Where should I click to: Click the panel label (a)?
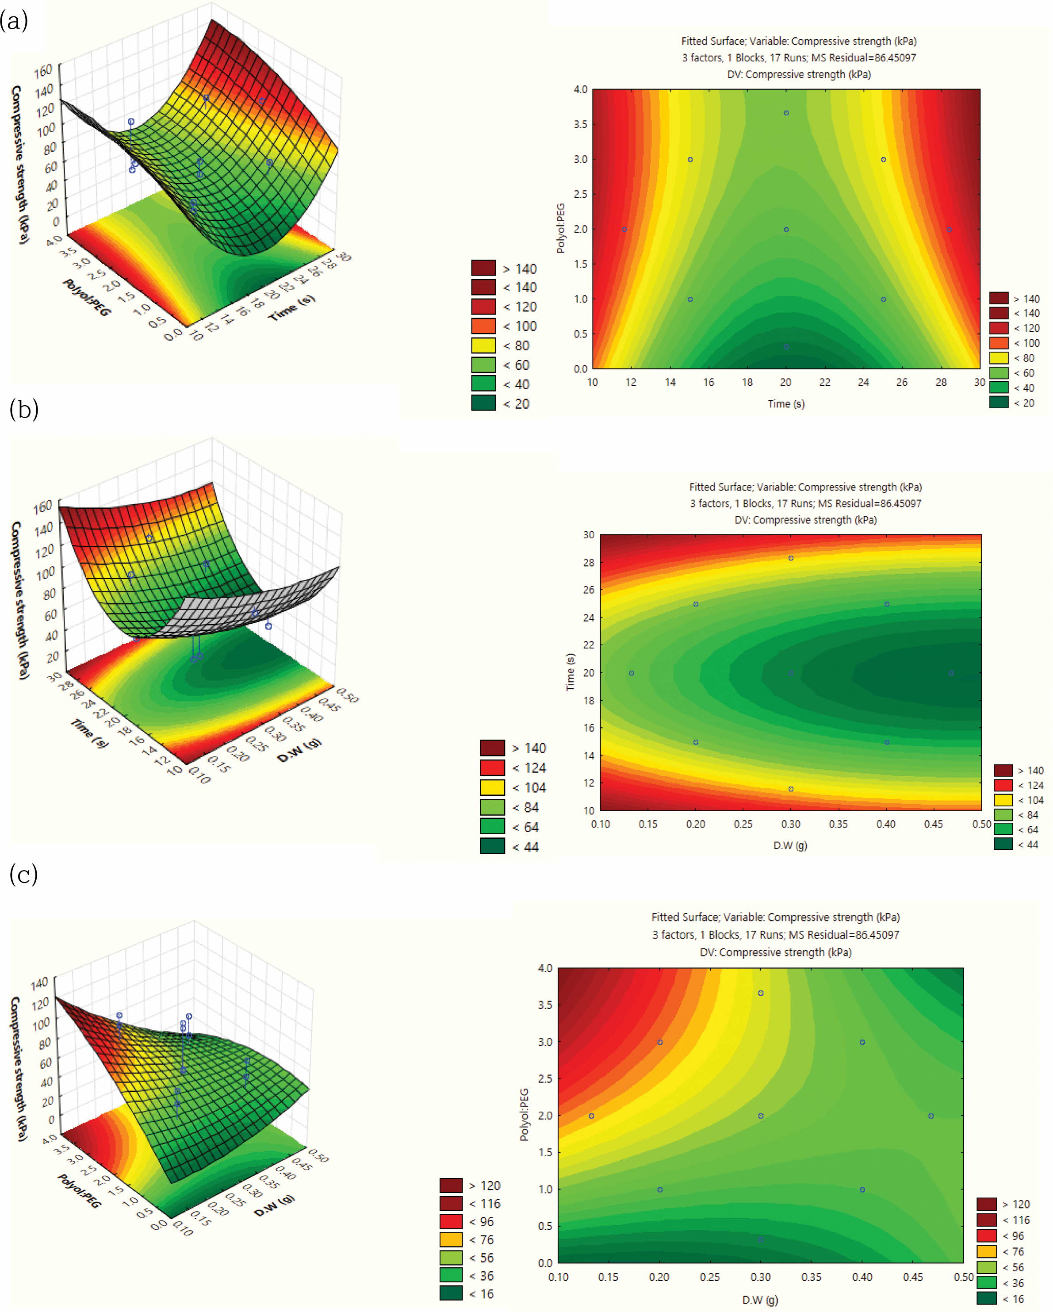(x=14, y=22)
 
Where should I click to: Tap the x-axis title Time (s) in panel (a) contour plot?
(x=785, y=403)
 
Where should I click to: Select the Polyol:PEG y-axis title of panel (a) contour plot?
(x=560, y=229)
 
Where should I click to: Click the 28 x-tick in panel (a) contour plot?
(x=941, y=382)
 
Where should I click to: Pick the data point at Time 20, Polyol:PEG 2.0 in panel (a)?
(x=786, y=230)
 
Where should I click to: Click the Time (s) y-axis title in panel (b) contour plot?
(x=570, y=672)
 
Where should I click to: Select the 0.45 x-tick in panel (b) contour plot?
(x=933, y=824)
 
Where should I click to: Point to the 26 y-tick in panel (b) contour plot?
(x=588, y=590)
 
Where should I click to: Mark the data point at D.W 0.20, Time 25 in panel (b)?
(x=696, y=604)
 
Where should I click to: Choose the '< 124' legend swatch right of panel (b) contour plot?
(x=1003, y=785)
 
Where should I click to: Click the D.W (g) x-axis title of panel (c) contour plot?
(x=760, y=1299)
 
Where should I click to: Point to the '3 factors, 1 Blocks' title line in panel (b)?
(x=805, y=503)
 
